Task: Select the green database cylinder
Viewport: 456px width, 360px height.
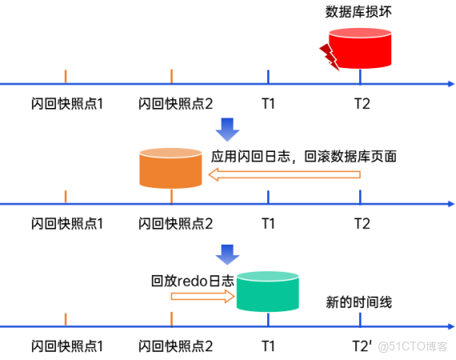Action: pyautogui.click(x=267, y=293)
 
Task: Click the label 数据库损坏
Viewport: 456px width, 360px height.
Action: pyautogui.click(x=358, y=12)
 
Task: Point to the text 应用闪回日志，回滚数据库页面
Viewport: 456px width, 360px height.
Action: pyautogui.click(x=304, y=157)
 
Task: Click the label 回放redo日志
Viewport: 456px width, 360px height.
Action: pyautogui.click(x=193, y=281)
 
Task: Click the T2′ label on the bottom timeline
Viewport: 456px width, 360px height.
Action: pyautogui.click(x=362, y=346)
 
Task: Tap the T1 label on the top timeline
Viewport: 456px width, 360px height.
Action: pyautogui.click(x=268, y=103)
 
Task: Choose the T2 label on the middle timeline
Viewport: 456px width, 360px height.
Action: pyautogui.click(x=362, y=223)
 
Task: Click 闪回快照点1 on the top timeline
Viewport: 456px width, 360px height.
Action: pyautogui.click(x=68, y=104)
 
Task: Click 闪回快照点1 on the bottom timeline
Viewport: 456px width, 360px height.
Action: pyautogui.click(x=68, y=346)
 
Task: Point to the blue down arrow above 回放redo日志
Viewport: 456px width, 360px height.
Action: pyautogui.click(x=228, y=254)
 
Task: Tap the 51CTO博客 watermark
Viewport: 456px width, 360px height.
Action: pyautogui.click(x=413, y=346)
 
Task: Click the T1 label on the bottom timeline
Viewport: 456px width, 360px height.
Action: pyautogui.click(x=268, y=346)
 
